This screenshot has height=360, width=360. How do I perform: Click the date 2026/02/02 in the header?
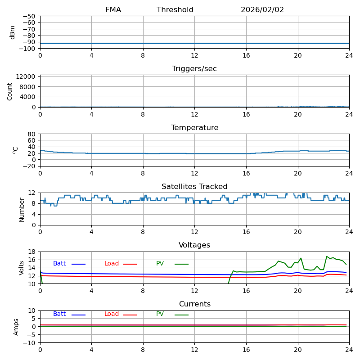coord(262,10)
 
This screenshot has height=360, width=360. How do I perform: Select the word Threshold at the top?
coord(175,10)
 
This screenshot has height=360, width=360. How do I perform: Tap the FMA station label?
coord(113,10)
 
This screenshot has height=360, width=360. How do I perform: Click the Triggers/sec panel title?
coord(194,69)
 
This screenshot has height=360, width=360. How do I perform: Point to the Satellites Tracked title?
coord(194,187)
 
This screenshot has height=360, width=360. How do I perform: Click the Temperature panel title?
coord(194,128)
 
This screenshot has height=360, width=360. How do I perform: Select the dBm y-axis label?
coord(13,32)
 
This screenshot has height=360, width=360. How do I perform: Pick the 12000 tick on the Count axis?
coord(26,76)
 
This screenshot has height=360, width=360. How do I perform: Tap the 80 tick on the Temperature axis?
coord(32,134)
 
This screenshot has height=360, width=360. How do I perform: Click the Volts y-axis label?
coord(22,268)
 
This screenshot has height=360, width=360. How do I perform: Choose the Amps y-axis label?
coord(16,327)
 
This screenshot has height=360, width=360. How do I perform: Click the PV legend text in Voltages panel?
coord(160,264)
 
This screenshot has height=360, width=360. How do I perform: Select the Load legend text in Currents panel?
coord(112,314)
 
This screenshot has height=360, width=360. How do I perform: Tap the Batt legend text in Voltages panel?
coord(59,264)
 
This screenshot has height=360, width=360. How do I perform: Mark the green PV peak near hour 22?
coord(327,256)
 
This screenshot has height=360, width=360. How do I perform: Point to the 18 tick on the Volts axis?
coord(32,252)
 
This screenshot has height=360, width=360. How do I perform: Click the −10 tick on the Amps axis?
coord(28,343)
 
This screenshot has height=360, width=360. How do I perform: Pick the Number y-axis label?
coord(22,209)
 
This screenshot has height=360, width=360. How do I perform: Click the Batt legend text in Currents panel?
coord(59,314)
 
